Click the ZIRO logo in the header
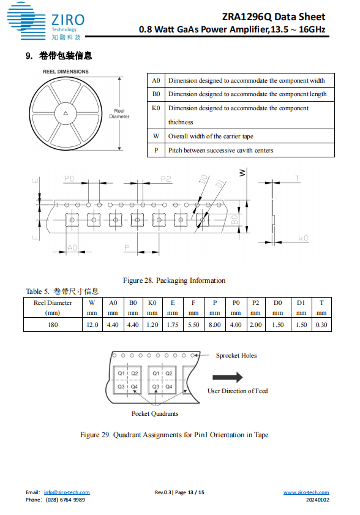point(46,21)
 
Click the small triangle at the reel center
point(66,113)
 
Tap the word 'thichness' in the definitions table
point(181,122)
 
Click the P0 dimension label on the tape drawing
point(69,179)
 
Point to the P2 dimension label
point(166,179)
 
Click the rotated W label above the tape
point(242,173)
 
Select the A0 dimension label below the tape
point(72,247)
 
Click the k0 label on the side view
point(303,238)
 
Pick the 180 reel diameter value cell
point(53,325)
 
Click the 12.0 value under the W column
point(92,325)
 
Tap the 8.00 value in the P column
point(215,325)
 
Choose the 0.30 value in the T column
point(321,325)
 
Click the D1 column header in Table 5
point(301,307)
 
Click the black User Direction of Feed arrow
point(228,377)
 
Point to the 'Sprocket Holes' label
point(236,355)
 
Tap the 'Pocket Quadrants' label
point(155,413)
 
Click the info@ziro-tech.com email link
point(67,492)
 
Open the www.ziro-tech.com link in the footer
point(306,492)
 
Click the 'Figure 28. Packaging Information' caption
point(174,280)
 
